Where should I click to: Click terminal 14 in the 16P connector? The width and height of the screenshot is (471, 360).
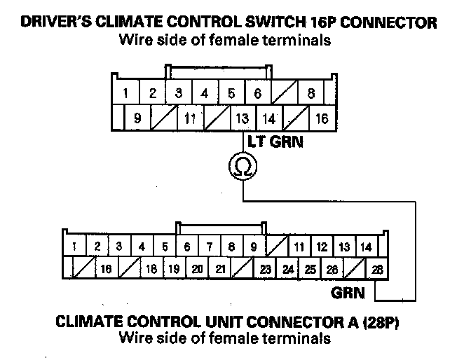[268, 118]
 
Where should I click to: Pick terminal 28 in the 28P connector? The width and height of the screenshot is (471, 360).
[378, 269]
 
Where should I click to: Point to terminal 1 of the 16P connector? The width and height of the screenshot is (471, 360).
[125, 93]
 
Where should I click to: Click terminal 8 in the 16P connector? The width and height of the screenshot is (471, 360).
[311, 93]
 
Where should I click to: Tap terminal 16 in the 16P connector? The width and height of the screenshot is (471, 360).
[322, 118]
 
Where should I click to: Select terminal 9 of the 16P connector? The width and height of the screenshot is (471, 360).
[137, 118]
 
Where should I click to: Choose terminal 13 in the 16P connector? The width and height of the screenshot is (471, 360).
[242, 118]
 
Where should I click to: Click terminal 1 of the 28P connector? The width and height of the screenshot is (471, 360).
[74, 247]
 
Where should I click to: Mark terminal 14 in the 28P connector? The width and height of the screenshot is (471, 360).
[365, 247]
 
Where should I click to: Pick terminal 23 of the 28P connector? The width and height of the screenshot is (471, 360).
[266, 269]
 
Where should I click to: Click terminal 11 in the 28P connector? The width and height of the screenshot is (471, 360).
[299, 247]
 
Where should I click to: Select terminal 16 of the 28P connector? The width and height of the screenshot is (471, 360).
[107, 269]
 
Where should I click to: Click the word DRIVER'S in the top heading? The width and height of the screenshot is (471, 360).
[57, 23]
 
